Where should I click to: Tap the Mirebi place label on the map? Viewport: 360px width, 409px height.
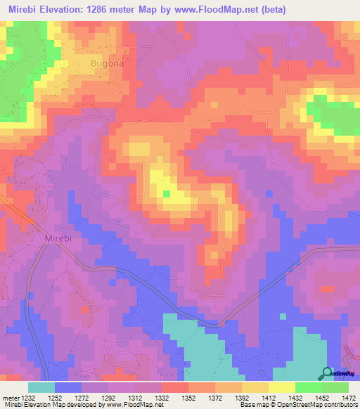point(58,240)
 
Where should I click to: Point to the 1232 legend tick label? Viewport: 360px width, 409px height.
point(27,398)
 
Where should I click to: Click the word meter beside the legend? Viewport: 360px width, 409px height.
point(9,398)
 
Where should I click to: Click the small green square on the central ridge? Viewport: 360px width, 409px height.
point(167,193)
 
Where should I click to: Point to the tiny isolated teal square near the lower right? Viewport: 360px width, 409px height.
point(283,317)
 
